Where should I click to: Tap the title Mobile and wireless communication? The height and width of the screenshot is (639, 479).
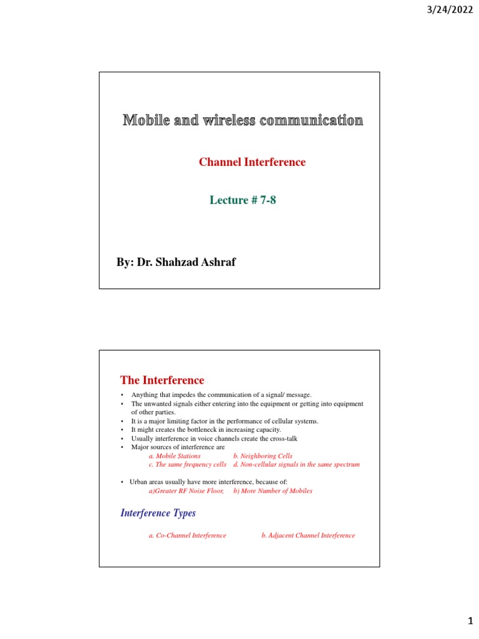tap(243, 120)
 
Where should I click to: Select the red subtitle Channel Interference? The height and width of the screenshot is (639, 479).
tap(252, 162)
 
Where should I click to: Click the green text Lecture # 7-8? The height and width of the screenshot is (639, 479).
tap(243, 200)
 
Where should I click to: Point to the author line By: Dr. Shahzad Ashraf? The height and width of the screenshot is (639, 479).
tap(177, 262)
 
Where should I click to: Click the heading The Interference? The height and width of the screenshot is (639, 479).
tap(162, 380)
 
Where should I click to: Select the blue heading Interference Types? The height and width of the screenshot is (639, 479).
tap(157, 513)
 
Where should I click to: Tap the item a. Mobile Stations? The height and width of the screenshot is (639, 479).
tap(175, 456)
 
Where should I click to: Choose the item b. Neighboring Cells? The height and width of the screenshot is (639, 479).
tap(263, 456)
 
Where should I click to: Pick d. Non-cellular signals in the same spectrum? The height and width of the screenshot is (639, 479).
tap(296, 465)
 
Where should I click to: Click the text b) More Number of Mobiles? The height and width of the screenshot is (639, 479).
tap(273, 491)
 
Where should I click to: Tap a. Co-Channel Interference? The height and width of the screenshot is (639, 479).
tap(188, 535)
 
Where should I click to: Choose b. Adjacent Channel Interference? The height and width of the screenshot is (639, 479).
tap(308, 535)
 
